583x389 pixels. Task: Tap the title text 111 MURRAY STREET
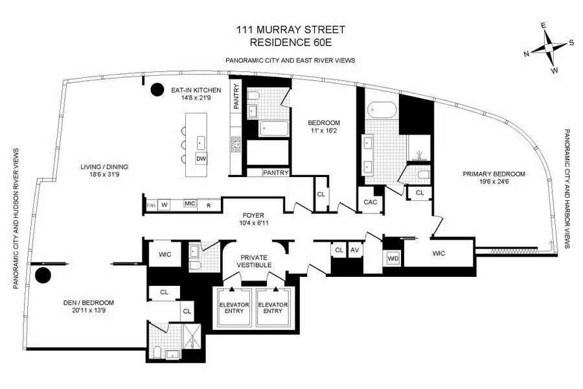(291, 31)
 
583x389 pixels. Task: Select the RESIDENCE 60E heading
(291, 43)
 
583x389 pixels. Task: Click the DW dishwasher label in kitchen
(201, 158)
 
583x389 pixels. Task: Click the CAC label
(370, 202)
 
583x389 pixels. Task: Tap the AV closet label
(354, 250)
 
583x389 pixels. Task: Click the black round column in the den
(43, 276)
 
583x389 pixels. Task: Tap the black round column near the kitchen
(157, 90)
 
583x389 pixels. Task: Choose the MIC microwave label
(190, 204)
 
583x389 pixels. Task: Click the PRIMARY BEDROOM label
(493, 174)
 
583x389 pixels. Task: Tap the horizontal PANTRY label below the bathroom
(276, 172)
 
